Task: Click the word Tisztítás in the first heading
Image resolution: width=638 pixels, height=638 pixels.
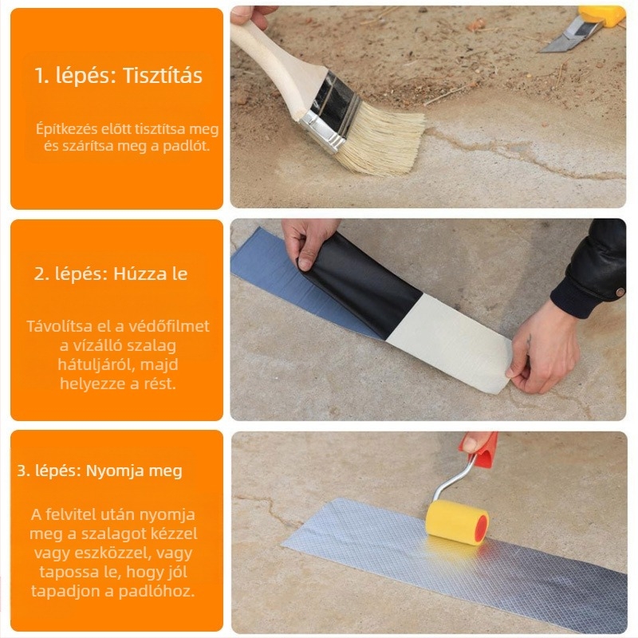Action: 163,76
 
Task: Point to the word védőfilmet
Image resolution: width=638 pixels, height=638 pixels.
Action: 169,326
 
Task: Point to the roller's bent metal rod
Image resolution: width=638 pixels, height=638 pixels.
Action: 454,479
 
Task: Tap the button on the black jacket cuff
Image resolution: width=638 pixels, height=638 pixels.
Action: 620,292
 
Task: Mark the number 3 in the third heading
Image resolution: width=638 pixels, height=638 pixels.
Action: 22,471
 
